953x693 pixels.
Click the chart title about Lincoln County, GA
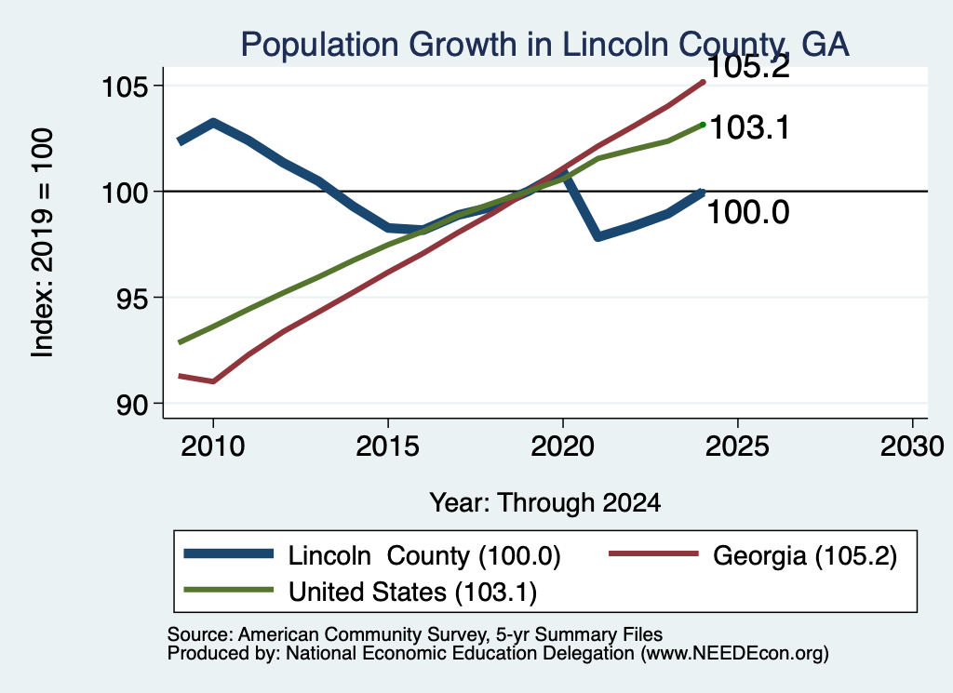click(x=544, y=45)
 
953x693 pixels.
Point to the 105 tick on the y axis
click(x=125, y=87)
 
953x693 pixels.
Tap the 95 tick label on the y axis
click(x=132, y=299)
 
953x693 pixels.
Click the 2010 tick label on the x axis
click(x=213, y=447)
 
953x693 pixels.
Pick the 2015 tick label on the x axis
click(x=388, y=447)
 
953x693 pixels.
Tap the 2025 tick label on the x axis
click(x=737, y=447)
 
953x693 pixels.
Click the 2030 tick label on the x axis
click(x=912, y=447)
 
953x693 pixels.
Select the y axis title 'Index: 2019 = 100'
click(x=43, y=243)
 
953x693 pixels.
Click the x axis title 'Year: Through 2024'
click(x=545, y=503)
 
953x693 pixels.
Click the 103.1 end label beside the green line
click(x=749, y=128)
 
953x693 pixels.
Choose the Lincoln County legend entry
click(x=372, y=555)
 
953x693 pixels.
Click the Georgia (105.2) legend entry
click(x=753, y=555)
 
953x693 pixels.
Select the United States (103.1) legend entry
click(x=360, y=592)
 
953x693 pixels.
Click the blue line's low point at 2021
click(x=598, y=236)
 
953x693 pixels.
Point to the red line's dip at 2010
click(x=213, y=381)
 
